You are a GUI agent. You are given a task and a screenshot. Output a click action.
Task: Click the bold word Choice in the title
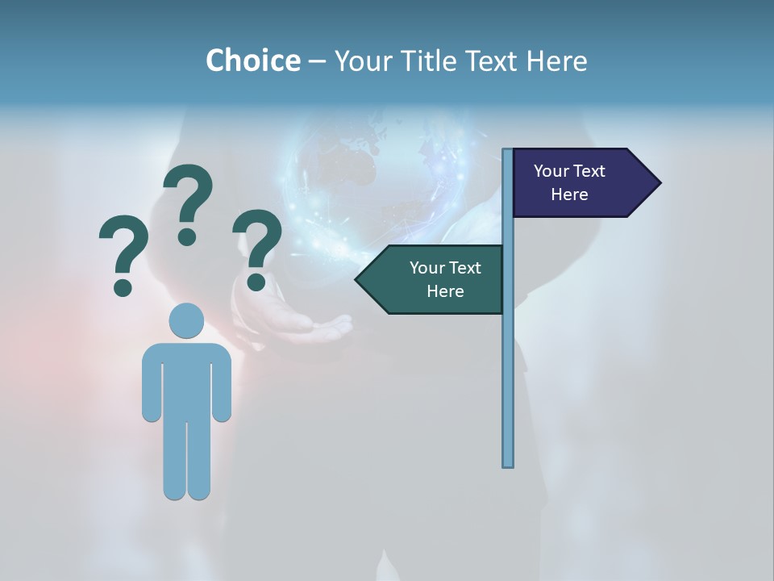point(252,61)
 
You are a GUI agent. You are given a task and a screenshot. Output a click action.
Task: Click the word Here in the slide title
point(556,61)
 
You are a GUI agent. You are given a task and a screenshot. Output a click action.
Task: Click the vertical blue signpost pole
point(508,363)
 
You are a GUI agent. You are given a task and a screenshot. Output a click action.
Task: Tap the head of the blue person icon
point(186,321)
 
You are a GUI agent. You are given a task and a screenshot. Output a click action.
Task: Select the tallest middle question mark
point(188,202)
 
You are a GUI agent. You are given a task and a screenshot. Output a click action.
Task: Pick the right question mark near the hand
point(257,246)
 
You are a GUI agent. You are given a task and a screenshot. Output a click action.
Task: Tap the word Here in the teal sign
point(445,291)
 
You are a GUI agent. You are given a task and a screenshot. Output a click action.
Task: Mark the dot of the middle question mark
point(187,236)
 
